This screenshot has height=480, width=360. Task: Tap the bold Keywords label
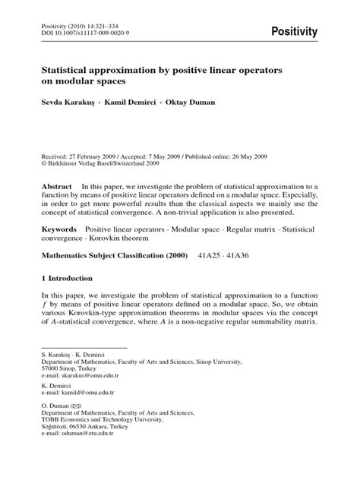(x=59, y=228)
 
